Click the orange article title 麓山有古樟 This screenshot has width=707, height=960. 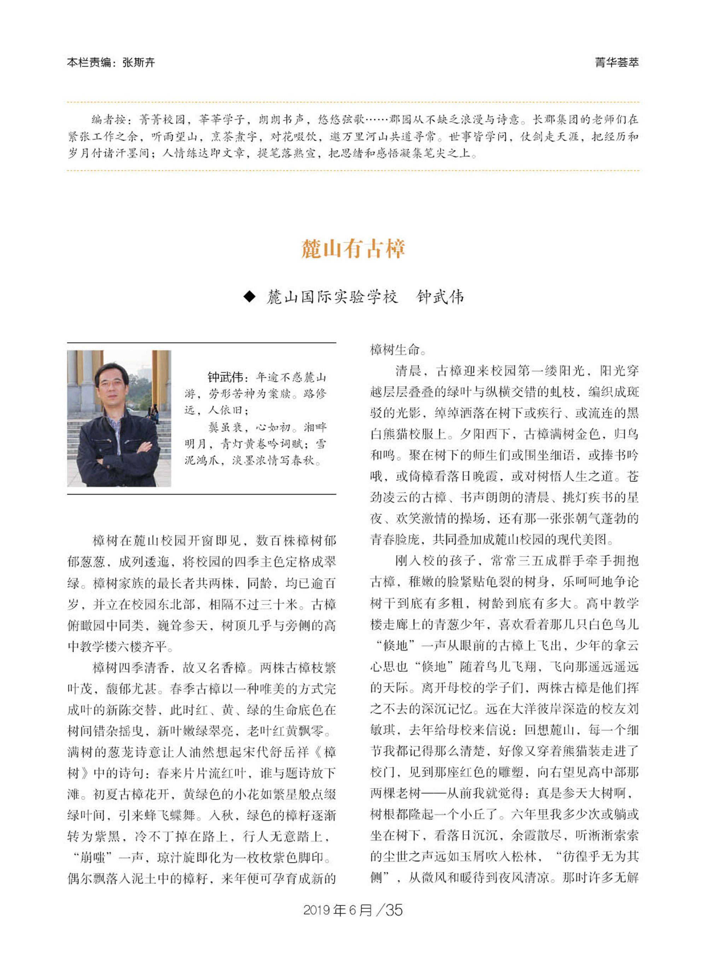pos(353,249)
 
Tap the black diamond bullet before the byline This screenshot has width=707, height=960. pos(249,296)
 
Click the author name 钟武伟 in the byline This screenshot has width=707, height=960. pos(440,297)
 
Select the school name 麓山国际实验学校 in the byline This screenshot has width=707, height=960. pos(332,297)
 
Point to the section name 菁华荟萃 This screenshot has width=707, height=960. pos(617,63)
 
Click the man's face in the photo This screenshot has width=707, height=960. pos(112,384)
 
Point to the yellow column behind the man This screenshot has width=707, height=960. pos(161,377)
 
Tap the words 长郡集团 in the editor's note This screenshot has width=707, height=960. pos(555,120)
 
